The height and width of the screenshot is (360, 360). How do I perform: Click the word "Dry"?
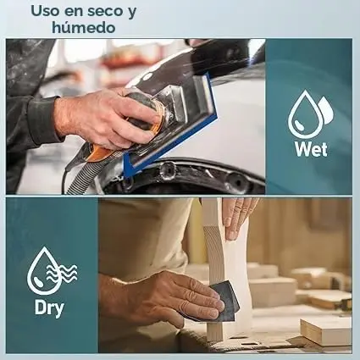coord(49,307)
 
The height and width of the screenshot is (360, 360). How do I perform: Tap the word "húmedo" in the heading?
coord(84,28)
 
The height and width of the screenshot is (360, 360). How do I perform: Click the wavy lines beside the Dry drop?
coord(63,274)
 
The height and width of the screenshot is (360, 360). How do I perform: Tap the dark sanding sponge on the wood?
coord(224,302)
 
